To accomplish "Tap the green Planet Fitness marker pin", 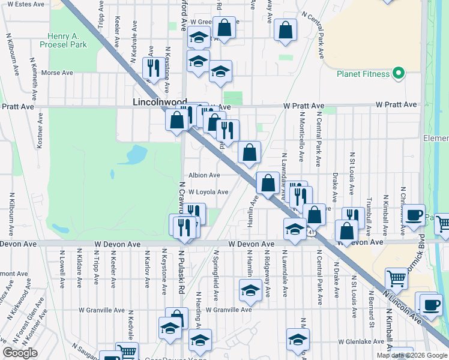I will [398, 74].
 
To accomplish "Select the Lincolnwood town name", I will [159, 103].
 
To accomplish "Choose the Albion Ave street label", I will [204, 175].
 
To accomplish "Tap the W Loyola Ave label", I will [208, 192].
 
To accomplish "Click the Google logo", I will [20, 353].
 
